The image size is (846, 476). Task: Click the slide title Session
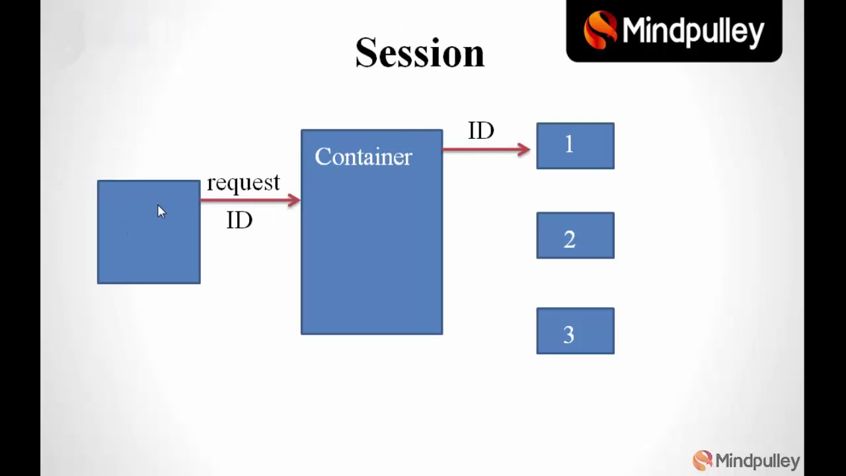point(420,54)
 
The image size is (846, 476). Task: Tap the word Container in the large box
point(364,157)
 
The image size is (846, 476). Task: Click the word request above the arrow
point(243,183)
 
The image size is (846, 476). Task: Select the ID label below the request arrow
point(239,220)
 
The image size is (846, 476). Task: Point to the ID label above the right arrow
point(481,131)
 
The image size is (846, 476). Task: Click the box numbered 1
point(575,146)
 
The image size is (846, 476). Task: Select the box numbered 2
point(575,235)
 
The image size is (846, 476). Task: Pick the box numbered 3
point(575,331)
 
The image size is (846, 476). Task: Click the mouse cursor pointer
point(161,211)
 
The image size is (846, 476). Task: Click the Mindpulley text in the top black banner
point(693,31)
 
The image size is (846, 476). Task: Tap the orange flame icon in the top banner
point(599,30)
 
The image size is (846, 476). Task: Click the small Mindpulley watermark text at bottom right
point(757,461)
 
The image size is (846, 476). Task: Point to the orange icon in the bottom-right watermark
point(702,459)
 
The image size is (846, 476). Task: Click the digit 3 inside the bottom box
point(569,335)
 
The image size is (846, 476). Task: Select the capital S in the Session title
point(367,54)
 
